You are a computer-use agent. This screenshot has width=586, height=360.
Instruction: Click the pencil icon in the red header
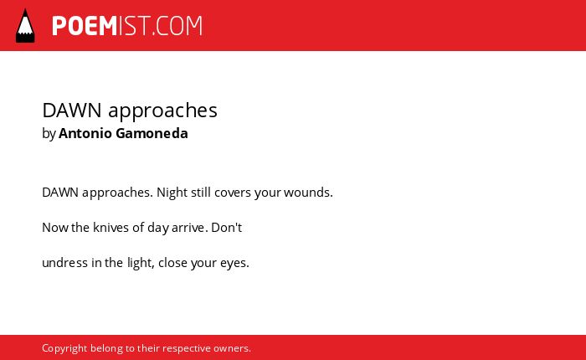(25, 25)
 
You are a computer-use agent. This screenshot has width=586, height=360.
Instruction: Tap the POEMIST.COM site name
(127, 26)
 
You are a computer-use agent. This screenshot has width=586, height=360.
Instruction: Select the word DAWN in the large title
(72, 111)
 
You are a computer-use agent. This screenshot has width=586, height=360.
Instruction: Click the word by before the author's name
(49, 133)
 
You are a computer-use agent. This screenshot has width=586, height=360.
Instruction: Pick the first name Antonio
(85, 133)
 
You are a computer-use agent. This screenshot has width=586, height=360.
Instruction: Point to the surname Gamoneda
(152, 133)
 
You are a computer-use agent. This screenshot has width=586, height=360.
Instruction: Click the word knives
(111, 227)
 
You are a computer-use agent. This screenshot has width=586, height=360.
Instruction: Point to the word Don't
(227, 227)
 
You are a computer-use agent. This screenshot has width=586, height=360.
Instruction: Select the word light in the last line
(141, 263)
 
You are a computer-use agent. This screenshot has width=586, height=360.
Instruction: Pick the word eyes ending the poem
(234, 264)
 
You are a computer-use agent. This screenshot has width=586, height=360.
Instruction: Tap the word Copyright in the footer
(64, 348)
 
